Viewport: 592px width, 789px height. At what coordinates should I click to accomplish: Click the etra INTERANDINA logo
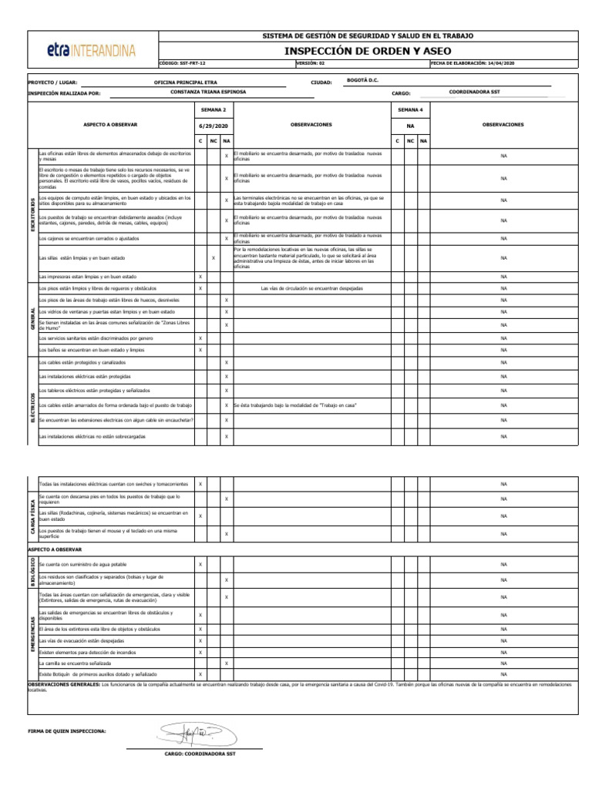91,51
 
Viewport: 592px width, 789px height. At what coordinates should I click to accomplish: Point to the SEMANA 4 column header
409,110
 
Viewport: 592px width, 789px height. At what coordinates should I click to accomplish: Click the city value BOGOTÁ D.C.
363,79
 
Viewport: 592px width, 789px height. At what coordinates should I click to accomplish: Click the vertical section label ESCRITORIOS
32,214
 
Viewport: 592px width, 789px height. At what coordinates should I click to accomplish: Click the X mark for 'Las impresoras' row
200,277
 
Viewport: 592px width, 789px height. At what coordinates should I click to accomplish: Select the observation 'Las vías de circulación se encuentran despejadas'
311,288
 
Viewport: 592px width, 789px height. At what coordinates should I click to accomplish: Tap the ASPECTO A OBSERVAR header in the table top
110,124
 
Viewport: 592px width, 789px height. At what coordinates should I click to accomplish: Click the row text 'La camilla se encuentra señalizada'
75,663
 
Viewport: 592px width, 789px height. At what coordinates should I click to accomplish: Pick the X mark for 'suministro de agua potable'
200,564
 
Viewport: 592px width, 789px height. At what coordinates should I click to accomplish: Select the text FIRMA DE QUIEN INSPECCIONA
66,730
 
